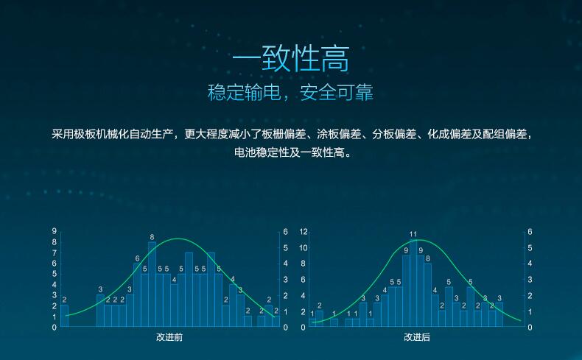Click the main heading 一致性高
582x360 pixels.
[290, 59]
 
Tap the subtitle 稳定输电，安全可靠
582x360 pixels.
[290, 92]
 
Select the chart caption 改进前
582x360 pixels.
[169, 337]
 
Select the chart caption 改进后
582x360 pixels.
[417, 337]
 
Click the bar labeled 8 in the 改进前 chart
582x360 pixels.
[152, 284]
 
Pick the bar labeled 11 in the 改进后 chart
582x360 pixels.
[413, 283]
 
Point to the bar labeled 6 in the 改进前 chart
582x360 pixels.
[137, 295]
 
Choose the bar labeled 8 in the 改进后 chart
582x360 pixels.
[427, 295]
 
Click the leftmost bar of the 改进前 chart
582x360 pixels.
[64, 316]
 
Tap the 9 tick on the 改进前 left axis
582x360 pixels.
[55, 231]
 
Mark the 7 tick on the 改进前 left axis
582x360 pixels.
[55, 253]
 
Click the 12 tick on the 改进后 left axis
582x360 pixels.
[304, 232]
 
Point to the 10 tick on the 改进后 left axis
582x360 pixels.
[304, 247]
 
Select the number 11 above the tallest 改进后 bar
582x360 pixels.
[413, 234]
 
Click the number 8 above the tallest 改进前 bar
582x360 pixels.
[152, 237]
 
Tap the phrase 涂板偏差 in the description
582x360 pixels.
[339, 134]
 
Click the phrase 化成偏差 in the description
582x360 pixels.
[449, 134]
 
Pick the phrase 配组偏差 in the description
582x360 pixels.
[505, 134]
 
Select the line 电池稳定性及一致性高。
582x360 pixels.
[293, 152]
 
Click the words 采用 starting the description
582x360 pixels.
[63, 134]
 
